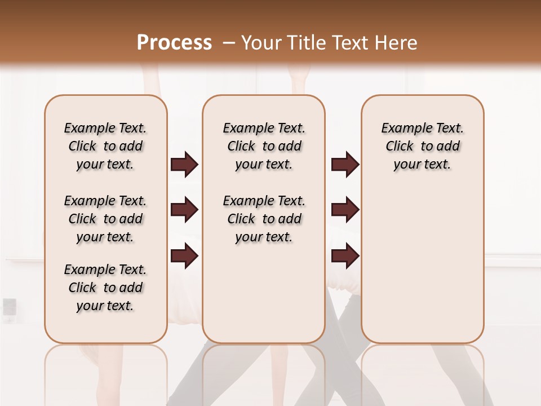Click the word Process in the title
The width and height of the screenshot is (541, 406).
(x=174, y=42)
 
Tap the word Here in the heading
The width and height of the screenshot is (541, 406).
(x=397, y=42)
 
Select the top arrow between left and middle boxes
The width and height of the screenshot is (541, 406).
(x=184, y=165)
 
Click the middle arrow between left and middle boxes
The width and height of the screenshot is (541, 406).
(x=184, y=210)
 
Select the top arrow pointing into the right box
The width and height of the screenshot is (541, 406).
(x=345, y=165)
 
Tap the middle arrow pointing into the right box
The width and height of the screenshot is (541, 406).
(x=345, y=210)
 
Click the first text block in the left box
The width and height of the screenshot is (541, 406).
(x=105, y=146)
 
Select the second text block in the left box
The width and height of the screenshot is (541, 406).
(x=105, y=219)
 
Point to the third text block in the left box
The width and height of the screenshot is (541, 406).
(x=105, y=288)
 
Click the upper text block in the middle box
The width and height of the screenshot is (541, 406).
(x=264, y=146)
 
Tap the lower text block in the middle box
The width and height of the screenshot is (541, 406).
(x=264, y=219)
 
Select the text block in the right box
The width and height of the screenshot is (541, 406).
(x=423, y=146)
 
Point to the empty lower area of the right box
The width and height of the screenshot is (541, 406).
(x=423, y=265)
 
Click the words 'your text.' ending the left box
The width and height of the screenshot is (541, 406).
(x=105, y=306)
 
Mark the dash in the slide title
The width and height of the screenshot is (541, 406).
(x=229, y=42)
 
